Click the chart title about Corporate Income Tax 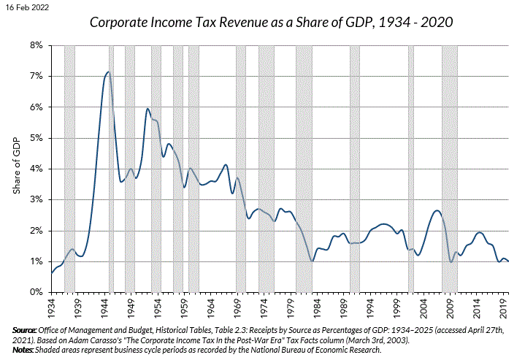pos(271,22)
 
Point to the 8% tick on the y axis pos(37,45)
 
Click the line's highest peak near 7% pos(108,72)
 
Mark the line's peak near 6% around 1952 pos(147,109)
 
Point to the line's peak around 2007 pos(437,210)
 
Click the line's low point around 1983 pos(313,261)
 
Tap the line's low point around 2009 pos(451,261)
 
